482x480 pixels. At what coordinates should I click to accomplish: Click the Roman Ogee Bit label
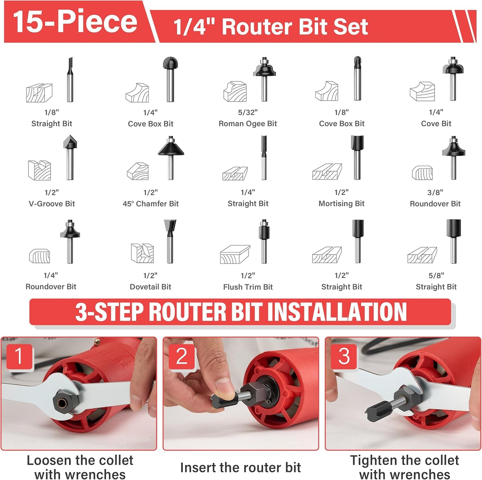pos(248,124)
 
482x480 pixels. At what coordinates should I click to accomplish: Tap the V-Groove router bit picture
pos(70,158)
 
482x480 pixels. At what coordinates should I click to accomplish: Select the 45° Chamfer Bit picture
pos(170,158)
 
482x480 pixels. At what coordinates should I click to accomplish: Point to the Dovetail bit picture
pos(170,241)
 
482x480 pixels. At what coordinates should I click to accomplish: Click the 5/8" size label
pos(436,275)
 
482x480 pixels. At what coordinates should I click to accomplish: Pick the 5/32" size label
pos(248,113)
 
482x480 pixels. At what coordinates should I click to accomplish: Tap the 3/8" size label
pos(435,193)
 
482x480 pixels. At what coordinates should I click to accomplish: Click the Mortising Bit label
pos(342,204)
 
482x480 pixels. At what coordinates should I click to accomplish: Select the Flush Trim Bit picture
pos(264,241)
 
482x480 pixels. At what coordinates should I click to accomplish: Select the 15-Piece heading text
pos(75,22)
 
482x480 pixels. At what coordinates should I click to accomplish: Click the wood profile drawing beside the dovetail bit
pos(142,253)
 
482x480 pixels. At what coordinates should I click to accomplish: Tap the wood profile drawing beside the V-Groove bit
pos(39,171)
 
